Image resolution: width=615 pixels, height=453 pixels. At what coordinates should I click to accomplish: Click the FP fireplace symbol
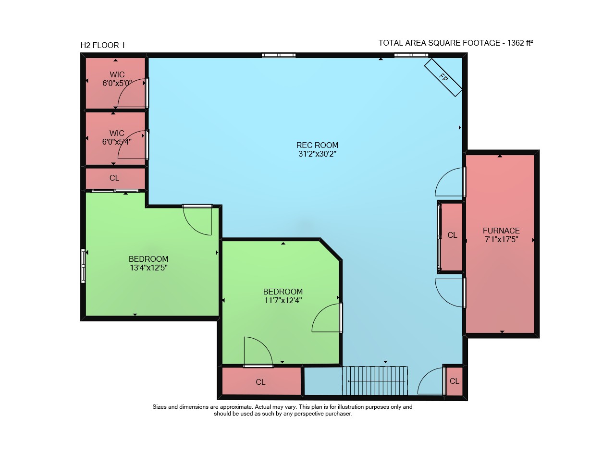tap(443, 77)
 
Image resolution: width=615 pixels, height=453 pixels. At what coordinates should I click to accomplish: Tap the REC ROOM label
tap(317, 145)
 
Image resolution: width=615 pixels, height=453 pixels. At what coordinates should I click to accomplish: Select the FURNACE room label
tap(501, 231)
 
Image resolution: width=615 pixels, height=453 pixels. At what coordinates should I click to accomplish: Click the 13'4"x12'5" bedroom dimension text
tap(148, 268)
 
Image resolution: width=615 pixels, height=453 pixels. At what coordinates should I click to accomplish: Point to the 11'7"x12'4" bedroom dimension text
tap(283, 300)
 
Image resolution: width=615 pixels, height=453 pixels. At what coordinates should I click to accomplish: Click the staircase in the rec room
tap(375, 381)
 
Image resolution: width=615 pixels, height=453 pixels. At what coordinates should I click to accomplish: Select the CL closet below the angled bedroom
tap(261, 381)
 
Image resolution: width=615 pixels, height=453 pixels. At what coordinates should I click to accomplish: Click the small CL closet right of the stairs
tap(455, 381)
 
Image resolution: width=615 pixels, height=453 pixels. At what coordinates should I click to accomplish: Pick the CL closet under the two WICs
tap(115, 178)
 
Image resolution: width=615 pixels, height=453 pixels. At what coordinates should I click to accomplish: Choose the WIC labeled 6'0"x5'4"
tap(115, 138)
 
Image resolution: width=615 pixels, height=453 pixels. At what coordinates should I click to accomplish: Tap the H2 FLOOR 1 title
tap(103, 45)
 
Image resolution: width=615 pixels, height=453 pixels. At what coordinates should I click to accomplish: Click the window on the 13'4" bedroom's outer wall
tap(83, 266)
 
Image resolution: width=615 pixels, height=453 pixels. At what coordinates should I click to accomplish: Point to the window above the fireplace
tap(411, 55)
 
